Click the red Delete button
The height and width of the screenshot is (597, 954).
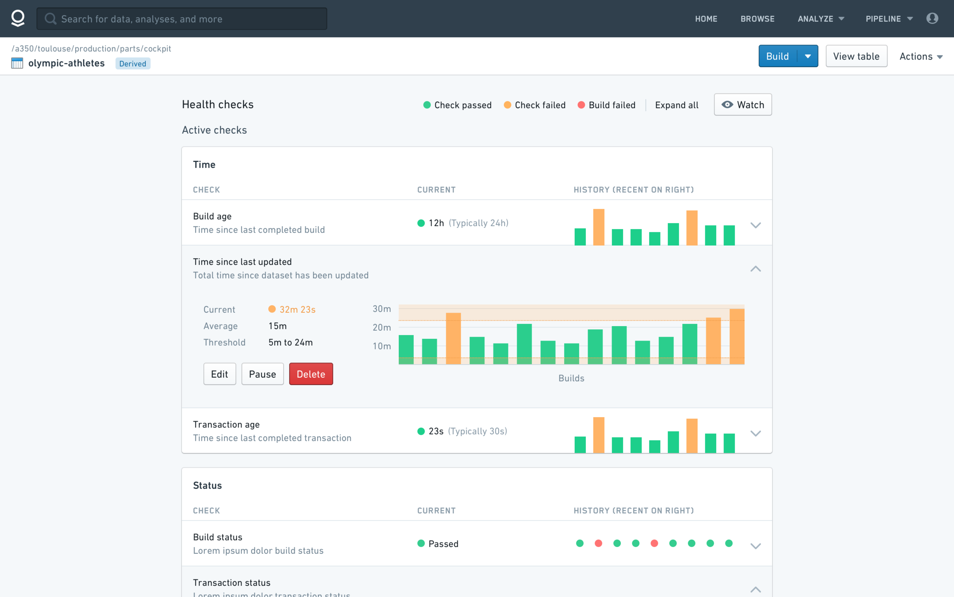311,374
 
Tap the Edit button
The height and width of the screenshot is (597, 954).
220,374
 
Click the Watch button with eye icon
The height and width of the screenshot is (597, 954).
743,105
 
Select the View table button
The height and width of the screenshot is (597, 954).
856,56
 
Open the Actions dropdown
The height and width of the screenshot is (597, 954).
921,57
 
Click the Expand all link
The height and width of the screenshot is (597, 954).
677,105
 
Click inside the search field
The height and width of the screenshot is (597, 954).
182,19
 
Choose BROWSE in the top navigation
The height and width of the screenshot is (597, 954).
757,19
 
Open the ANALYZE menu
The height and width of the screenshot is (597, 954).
821,19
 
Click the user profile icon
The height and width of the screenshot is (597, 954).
932,18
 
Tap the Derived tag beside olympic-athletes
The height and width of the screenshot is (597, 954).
133,63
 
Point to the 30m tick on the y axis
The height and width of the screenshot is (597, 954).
382,309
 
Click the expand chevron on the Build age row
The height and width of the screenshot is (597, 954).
755,225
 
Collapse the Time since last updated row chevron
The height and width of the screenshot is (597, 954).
755,269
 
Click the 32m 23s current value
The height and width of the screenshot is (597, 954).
297,309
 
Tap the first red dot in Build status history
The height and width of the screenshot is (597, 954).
598,543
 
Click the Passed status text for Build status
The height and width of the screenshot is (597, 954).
443,544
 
